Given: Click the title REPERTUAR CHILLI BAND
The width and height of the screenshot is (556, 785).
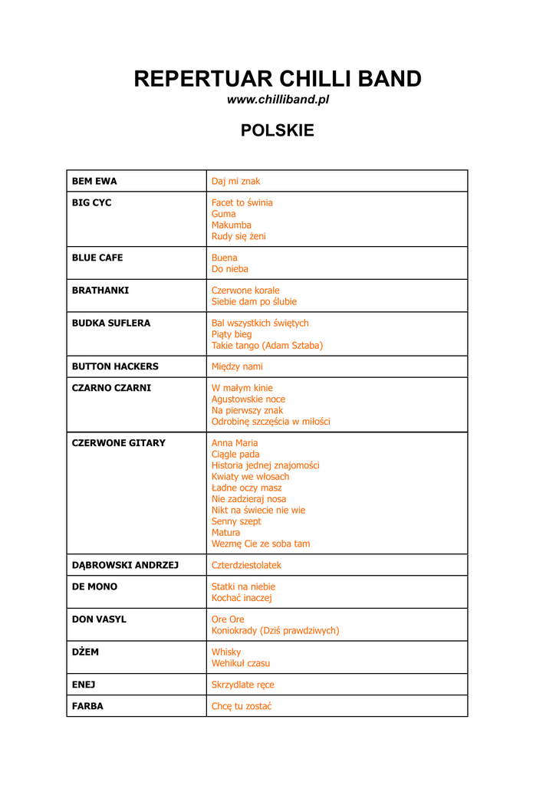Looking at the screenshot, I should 278,79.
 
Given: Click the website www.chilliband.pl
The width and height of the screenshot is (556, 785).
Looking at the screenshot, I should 278,100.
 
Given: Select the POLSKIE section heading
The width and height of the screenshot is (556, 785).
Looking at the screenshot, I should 278,130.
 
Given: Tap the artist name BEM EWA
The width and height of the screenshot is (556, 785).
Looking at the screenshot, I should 94,182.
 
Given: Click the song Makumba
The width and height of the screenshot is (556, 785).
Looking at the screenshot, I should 232,225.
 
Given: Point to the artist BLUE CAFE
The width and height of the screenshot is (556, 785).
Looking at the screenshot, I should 97,258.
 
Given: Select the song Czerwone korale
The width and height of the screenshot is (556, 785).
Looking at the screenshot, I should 245,291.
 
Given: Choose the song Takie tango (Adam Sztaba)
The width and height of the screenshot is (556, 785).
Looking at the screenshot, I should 267,346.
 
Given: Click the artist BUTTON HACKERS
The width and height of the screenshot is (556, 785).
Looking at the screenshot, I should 115,367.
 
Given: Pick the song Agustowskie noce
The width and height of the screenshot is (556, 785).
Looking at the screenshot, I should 248,399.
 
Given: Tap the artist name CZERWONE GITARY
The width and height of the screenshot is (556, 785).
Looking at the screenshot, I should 118,443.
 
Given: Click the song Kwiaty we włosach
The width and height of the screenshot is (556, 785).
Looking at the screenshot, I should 250,477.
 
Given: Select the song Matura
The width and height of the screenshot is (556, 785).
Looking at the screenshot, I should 225,533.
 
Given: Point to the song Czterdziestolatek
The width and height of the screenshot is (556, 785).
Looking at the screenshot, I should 246,566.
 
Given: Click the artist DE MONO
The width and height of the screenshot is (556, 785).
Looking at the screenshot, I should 94,587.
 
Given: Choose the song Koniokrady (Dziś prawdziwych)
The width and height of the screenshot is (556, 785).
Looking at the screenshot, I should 275,631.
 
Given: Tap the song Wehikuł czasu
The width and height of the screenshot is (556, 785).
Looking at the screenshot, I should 241,664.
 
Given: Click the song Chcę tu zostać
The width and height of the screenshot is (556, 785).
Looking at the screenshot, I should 242,707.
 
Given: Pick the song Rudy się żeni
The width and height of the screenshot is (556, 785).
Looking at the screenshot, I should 239,237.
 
